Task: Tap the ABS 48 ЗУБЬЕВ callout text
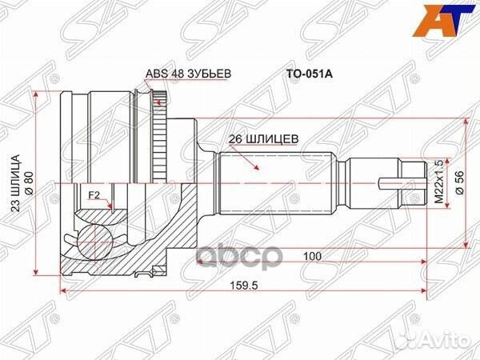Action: pyautogui.click(x=187, y=74)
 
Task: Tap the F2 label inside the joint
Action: pyautogui.click(x=94, y=194)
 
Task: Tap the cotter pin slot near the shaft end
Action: pyautogui.click(x=390, y=182)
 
